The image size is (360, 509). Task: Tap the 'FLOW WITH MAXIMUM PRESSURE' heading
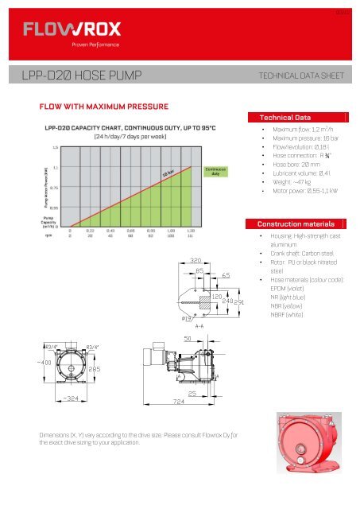pos(99,105)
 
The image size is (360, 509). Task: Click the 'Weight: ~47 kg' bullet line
pos(292,182)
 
